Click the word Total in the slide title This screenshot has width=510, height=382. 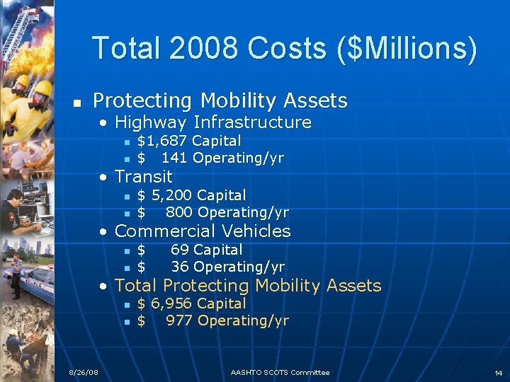point(127,48)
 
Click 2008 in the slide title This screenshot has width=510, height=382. point(205,48)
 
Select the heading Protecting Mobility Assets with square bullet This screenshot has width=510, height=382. point(220,100)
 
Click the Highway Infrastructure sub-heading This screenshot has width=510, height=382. point(212,122)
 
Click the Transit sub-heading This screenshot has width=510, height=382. point(143,176)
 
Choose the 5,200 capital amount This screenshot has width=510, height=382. point(171,195)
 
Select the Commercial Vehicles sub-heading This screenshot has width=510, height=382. point(202,231)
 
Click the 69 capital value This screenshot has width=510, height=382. point(179,250)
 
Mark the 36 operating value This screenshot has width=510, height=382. point(179,267)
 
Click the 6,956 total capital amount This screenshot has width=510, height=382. point(171,303)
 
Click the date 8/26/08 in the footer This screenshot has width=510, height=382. point(84,373)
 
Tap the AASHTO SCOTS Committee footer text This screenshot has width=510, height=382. point(280,373)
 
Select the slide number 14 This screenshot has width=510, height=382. point(499,373)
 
